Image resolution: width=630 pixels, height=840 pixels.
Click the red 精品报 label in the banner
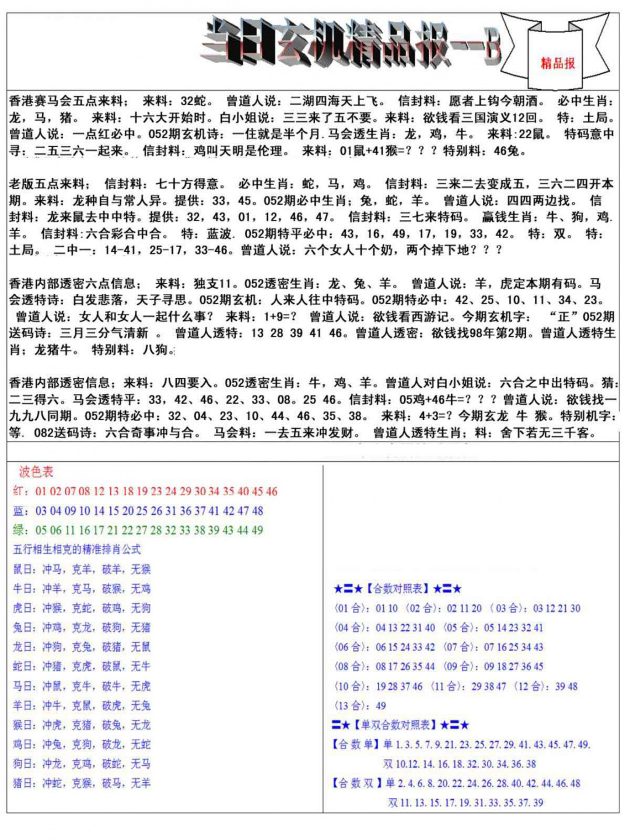[558, 63]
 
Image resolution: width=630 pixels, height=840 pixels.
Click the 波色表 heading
[36, 471]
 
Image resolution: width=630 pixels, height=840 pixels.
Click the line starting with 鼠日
[82, 569]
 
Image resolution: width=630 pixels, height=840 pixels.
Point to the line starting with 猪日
[82, 783]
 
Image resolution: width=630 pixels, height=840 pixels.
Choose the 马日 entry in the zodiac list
[82, 686]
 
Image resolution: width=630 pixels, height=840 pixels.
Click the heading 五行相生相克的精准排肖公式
[77, 549]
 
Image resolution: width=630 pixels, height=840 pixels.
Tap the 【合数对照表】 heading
[398, 589]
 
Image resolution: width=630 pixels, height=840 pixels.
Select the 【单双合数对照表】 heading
[400, 725]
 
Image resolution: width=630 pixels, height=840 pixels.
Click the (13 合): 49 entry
[360, 706]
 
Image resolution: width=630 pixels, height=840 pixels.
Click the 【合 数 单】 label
[355, 745]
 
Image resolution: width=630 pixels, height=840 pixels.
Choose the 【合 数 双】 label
[356, 783]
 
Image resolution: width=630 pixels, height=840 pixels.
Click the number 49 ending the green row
[257, 530]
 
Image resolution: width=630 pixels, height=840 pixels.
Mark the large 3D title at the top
[350, 44]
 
